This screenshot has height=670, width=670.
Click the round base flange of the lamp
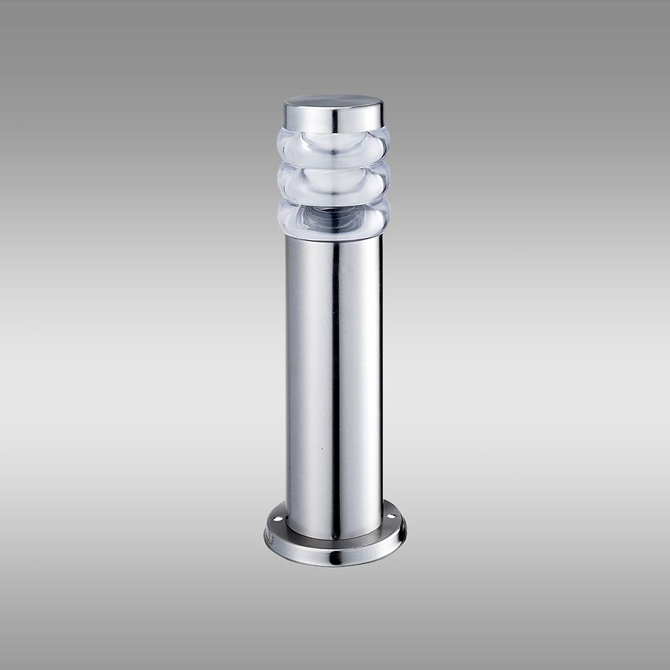click(362, 548)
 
